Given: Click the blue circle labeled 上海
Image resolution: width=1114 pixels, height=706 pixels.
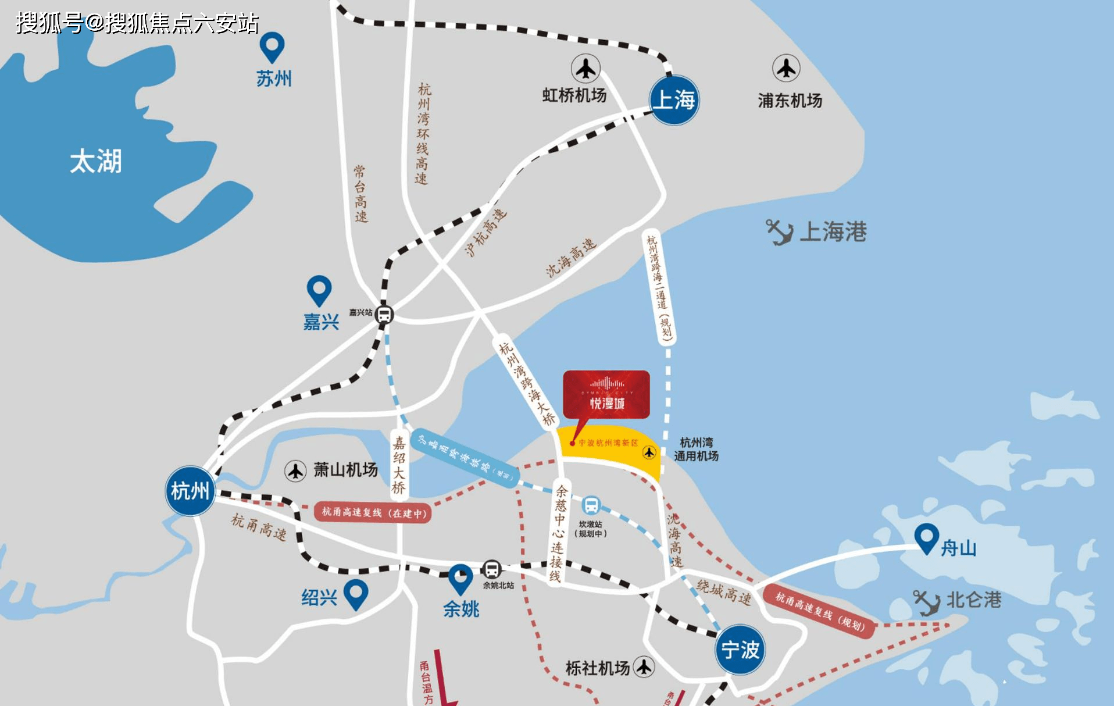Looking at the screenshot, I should pyautogui.click(x=674, y=100).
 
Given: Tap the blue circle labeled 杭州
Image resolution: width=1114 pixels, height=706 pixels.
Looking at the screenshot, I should pyautogui.click(x=190, y=491).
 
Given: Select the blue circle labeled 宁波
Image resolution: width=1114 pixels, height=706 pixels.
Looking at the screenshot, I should pyautogui.click(x=740, y=649).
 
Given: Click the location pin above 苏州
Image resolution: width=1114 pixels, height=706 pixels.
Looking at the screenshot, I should pyautogui.click(x=272, y=46).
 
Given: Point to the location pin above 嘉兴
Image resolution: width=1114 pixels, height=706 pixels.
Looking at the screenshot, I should pyautogui.click(x=319, y=290).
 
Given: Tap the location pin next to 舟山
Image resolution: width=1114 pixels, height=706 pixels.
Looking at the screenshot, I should pyautogui.click(x=926, y=538).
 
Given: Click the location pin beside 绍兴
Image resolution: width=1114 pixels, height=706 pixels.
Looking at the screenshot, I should pyautogui.click(x=356, y=594).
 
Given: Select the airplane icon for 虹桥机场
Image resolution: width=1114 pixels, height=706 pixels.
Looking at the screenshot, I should pyautogui.click(x=585, y=69).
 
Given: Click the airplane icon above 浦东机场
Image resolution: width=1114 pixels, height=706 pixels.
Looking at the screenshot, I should pyautogui.click(x=786, y=69).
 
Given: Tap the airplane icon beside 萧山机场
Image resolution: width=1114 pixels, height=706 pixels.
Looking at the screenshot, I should pyautogui.click(x=295, y=470).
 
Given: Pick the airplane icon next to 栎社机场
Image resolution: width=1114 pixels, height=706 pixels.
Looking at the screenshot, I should pyautogui.click(x=644, y=666).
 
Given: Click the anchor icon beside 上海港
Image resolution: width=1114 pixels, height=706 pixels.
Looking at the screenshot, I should pyautogui.click(x=779, y=232).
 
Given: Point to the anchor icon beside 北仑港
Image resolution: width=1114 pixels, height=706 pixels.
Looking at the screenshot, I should pyautogui.click(x=926, y=602).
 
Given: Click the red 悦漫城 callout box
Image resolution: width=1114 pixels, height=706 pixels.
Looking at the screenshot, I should pyautogui.click(x=606, y=395).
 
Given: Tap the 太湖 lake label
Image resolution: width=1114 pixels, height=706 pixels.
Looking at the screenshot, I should pyautogui.click(x=96, y=161).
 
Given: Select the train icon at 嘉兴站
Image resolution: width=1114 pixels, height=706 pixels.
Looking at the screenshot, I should pyautogui.click(x=384, y=315).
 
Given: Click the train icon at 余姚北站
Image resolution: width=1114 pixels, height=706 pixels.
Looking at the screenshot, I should pyautogui.click(x=492, y=569).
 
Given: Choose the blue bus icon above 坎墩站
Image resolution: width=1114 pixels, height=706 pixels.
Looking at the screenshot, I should pyautogui.click(x=591, y=505).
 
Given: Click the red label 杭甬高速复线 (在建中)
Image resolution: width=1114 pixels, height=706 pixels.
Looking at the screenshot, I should pyautogui.click(x=373, y=512).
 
